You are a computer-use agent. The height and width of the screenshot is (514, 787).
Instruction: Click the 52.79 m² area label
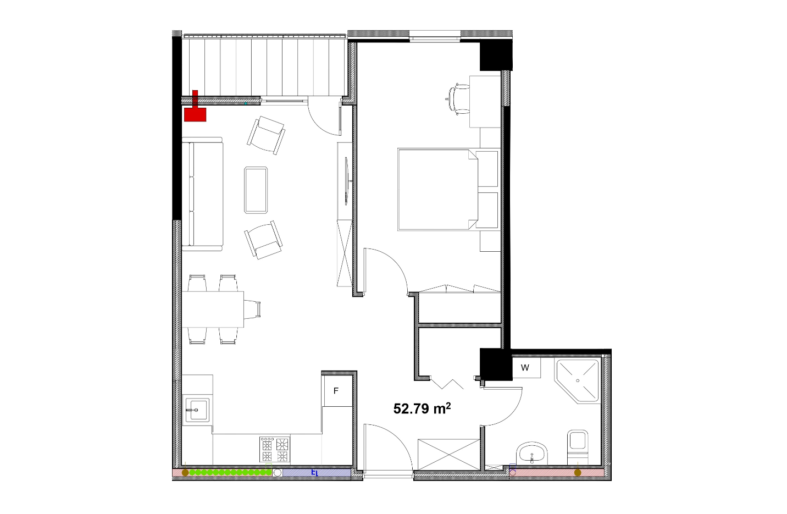[422, 408]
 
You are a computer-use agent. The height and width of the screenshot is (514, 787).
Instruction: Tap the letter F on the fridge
[336, 391]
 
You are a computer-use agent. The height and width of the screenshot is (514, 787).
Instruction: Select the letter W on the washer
[525, 367]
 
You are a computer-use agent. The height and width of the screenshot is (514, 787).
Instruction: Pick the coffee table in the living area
[256, 190]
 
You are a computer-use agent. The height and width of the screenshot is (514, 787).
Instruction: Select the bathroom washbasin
[533, 453]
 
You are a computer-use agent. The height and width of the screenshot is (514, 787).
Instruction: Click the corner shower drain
[578, 380]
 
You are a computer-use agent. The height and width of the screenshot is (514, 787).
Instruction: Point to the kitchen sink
[196, 410]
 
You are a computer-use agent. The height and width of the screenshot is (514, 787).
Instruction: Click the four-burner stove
[275, 449]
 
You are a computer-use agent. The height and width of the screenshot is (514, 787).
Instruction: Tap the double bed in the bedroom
[448, 190]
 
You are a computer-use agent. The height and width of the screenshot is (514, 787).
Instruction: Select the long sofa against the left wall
[202, 194]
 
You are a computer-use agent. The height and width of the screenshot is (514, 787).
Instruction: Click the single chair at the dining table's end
[252, 309]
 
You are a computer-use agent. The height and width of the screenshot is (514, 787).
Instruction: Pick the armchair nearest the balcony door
[266, 135]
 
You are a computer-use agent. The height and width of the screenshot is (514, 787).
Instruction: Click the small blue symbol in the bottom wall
[314, 473]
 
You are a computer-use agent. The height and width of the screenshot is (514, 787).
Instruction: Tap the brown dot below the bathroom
[577, 473]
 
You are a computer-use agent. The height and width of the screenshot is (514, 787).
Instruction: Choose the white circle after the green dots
[277, 473]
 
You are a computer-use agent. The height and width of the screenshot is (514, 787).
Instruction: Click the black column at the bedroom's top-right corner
[496, 55]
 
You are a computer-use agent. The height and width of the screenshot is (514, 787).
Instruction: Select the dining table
[213, 309]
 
